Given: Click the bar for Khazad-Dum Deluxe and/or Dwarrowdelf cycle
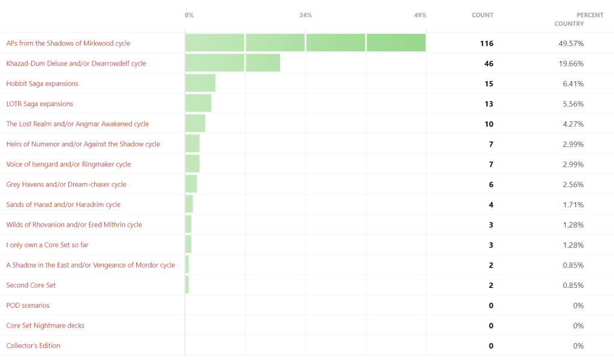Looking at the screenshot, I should tap(233, 63).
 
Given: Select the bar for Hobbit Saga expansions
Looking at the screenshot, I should tap(200, 83).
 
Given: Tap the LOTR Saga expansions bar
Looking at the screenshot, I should tap(198, 104).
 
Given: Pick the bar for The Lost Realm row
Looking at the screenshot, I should tap(195, 124).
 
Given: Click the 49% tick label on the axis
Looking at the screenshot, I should tap(420, 15).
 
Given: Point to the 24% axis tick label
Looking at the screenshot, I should tap(306, 15).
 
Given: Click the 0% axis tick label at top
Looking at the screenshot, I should tap(189, 15).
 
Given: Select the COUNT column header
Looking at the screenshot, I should tap(482, 15).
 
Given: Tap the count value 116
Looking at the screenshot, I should tap(486, 43).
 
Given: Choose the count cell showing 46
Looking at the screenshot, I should tap(489, 64).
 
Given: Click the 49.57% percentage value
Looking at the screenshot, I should tap(571, 43).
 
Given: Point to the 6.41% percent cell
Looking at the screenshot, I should tap(573, 83).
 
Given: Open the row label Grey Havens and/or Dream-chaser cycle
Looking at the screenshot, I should tap(66, 184).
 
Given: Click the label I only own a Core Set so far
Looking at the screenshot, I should tap(47, 245).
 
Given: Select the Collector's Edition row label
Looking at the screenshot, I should tap(33, 346).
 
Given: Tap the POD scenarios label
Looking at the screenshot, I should tap(28, 305).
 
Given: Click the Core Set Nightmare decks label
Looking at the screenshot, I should tap(45, 325).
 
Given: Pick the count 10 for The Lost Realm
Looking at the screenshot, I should tap(489, 124).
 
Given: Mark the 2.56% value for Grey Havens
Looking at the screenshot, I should tap(573, 184).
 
